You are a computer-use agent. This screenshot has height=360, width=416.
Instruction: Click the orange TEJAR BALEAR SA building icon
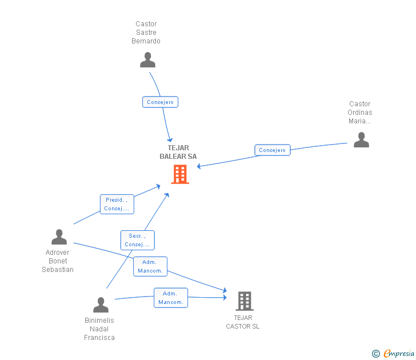tap(180, 174)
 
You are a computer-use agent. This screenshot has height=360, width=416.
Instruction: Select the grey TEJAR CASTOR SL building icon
tap(244, 301)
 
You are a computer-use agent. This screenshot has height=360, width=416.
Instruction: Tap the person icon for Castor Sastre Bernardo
tap(147, 59)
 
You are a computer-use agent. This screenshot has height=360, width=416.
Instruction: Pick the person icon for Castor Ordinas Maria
tap(361, 139)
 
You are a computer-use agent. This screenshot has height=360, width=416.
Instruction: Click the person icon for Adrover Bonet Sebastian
tap(59, 237)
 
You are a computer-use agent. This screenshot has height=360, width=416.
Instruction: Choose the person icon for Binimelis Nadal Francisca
tap(101, 305)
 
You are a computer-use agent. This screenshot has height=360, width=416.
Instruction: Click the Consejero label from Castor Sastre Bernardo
tap(161, 102)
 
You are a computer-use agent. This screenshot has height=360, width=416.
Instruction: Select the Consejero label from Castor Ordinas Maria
tap(273, 150)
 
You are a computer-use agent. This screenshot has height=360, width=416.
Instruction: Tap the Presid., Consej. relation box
tap(117, 204)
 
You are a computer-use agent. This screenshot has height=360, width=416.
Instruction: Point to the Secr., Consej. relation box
tap(137, 240)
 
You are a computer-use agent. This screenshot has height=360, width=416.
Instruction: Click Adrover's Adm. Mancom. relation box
tap(150, 266)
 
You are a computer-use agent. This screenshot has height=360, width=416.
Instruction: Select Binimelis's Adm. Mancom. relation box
tap(171, 298)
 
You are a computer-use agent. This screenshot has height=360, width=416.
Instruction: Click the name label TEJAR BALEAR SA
tap(178, 152)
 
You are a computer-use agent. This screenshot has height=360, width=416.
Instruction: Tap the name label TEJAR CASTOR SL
tap(243, 322)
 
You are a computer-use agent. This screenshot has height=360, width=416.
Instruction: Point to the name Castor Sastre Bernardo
tap(146, 33)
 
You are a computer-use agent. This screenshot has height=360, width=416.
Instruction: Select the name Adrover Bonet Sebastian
tap(58, 261)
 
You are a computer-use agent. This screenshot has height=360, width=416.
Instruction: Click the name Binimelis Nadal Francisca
tap(99, 329)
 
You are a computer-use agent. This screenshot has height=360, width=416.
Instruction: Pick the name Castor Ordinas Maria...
tap(360, 113)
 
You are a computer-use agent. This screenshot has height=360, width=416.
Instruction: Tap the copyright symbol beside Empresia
tap(376, 354)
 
